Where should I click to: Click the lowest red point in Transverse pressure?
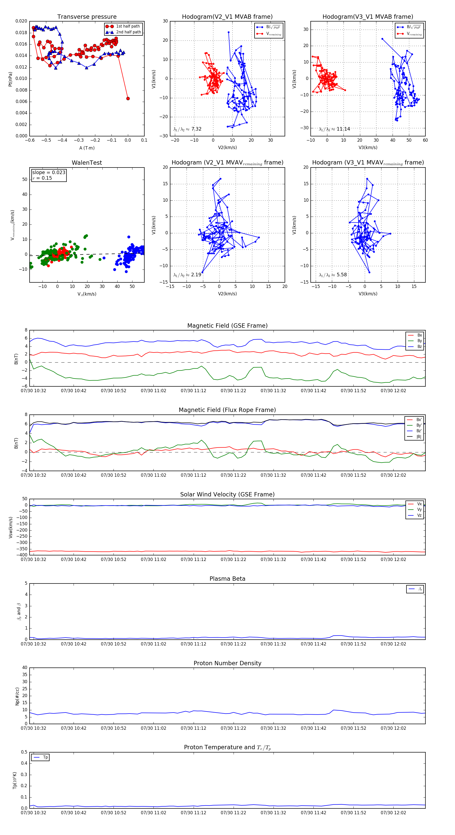pyautogui.click(x=128, y=98)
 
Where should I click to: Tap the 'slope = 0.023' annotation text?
pyautogui.click(x=49, y=173)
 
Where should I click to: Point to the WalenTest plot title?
pyautogui.click(x=87, y=163)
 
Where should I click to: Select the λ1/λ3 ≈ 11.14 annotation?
pyautogui.click(x=334, y=129)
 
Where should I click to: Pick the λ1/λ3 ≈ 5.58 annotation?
pyautogui.click(x=333, y=275)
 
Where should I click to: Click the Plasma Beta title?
pyautogui.click(x=227, y=579)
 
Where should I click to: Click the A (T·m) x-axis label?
pyautogui.click(x=87, y=148)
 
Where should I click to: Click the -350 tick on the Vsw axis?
pyautogui.click(x=22, y=549)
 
